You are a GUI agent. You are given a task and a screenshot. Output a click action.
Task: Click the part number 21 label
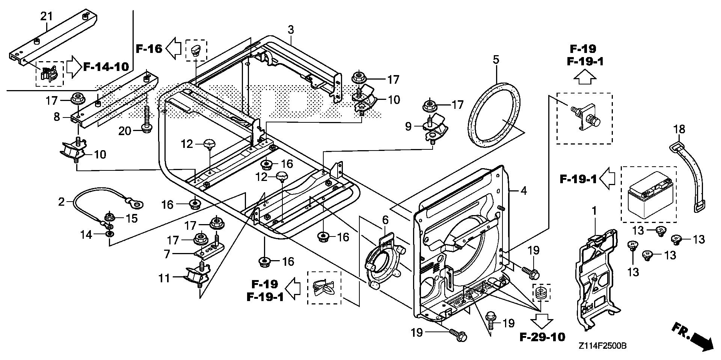click(x=47, y=16)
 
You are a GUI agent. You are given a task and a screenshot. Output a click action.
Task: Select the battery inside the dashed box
click(x=649, y=194)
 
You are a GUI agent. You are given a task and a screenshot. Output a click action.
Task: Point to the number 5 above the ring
click(x=496, y=59)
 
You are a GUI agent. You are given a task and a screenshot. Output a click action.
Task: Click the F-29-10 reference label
click(x=542, y=337)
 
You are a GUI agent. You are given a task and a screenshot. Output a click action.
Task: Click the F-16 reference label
click(x=149, y=48)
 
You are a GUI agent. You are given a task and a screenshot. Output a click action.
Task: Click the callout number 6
click(x=385, y=220)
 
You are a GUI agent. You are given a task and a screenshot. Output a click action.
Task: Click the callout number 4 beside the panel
click(x=523, y=191)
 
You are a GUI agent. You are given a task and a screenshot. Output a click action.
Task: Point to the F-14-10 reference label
click(x=106, y=67)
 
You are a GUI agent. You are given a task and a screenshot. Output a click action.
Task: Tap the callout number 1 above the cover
click(x=594, y=211)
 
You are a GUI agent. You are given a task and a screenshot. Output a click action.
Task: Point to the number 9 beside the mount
click(x=408, y=127)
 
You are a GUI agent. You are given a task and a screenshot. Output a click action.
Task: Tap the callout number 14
click(x=87, y=235)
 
